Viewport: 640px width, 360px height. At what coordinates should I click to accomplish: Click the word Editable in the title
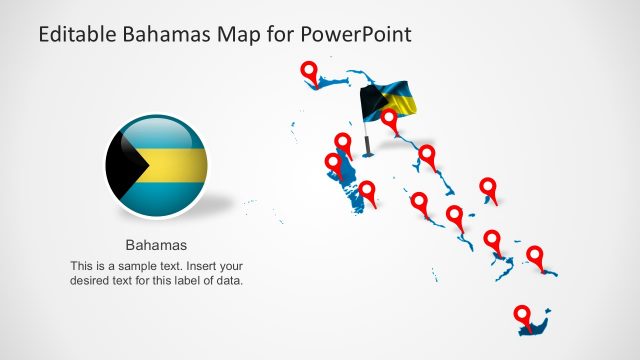(79, 35)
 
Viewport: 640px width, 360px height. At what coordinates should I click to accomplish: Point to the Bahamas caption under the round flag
(156, 244)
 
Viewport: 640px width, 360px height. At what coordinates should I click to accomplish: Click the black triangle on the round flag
(121, 164)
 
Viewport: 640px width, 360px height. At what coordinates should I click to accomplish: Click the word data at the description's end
(229, 281)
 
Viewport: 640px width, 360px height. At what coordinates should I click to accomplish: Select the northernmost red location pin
(310, 72)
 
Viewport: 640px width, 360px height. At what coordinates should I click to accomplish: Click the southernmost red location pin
(522, 315)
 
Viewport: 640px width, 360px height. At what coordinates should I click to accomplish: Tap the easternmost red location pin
(535, 255)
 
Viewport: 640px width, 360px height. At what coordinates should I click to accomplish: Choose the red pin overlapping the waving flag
(389, 119)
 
